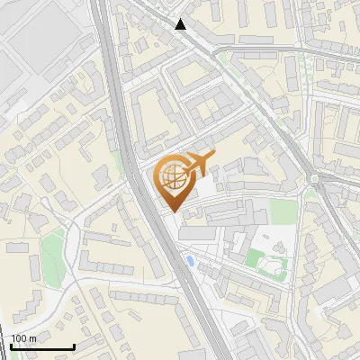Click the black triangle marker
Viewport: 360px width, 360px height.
[x=181, y=24]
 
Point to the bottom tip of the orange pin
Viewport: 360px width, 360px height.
[x=173, y=211]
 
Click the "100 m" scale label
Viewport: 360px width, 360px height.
[x=23, y=338]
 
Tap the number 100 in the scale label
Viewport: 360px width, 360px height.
[x=19, y=338]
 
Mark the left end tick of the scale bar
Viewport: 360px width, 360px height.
[x=12, y=346]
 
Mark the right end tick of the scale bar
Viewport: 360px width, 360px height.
[x=74, y=346]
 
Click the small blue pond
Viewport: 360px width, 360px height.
[x=189, y=261]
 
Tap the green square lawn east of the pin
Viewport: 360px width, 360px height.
[x=283, y=211]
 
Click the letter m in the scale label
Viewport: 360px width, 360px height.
[x=32, y=338]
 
